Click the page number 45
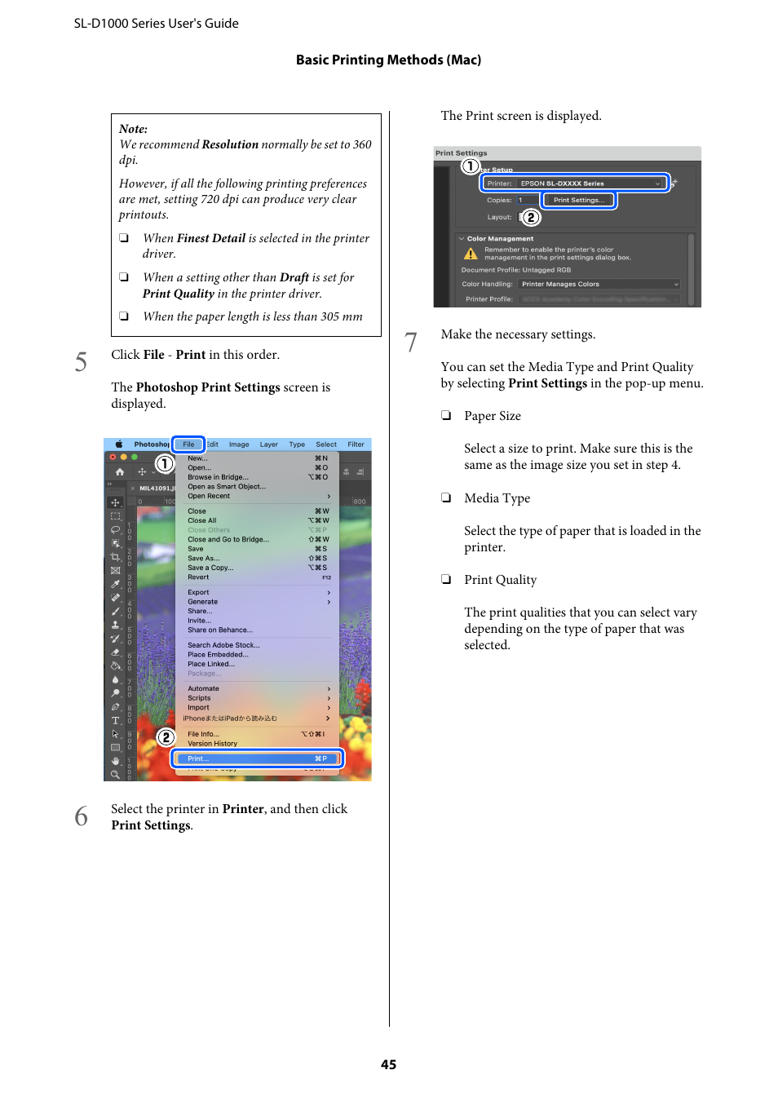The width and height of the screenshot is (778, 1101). coord(388,1064)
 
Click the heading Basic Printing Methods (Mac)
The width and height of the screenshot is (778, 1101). coord(388,60)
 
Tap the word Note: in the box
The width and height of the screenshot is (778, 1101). coord(133,129)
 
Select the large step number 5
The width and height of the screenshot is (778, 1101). coord(81,361)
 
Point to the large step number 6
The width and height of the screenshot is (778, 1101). coord(81,816)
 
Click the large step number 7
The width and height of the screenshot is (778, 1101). coord(411,342)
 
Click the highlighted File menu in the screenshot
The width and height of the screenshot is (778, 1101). coord(188,444)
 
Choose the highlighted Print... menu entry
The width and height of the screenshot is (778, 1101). coord(257,758)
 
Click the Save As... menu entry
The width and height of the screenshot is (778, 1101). coord(203,559)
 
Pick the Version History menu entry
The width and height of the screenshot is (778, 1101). coord(212,744)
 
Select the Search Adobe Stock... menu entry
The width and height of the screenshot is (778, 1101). coord(223,645)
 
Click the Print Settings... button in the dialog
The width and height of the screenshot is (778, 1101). coord(579,200)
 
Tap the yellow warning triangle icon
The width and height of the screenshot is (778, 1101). coord(471,254)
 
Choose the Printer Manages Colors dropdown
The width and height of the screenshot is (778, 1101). coord(599,284)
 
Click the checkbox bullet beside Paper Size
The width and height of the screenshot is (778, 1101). coord(446,415)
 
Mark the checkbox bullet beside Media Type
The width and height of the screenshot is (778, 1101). coord(446,497)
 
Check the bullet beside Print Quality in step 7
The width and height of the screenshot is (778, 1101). coord(446,579)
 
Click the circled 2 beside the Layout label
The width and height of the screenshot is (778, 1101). coord(531,217)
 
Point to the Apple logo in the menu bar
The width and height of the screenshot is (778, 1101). coord(119,444)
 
